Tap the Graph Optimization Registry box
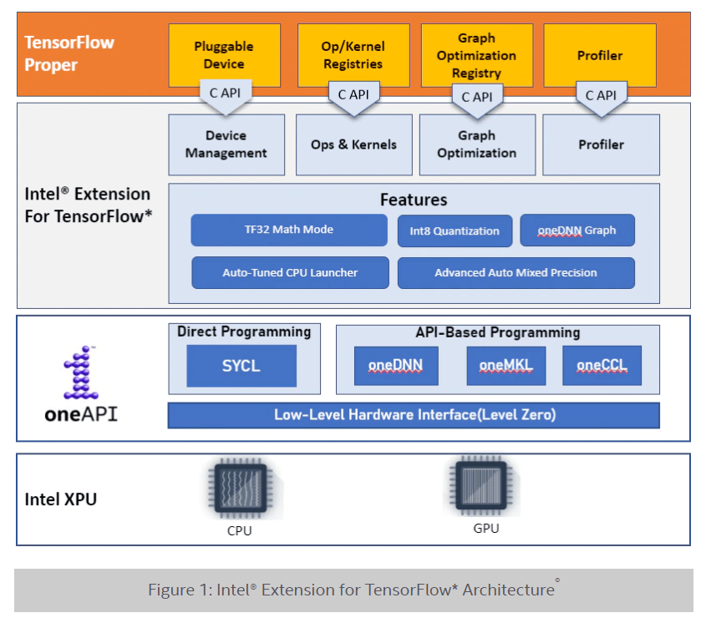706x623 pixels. click(x=476, y=54)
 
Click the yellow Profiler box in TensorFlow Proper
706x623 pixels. click(x=599, y=54)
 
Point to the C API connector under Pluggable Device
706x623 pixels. click(x=224, y=94)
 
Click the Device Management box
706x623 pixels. click(x=226, y=144)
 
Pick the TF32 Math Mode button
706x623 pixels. click(x=288, y=230)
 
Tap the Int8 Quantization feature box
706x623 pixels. click(x=454, y=230)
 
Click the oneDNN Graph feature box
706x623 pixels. click(x=576, y=230)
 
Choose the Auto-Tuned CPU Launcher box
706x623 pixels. click(x=289, y=272)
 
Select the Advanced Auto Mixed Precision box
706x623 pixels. click(x=516, y=272)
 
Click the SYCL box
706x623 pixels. click(x=241, y=366)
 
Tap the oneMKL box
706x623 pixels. click(x=505, y=366)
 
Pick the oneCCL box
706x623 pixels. click(x=602, y=366)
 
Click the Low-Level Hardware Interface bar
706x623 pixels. click(x=414, y=415)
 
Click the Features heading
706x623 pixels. click(x=414, y=200)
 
